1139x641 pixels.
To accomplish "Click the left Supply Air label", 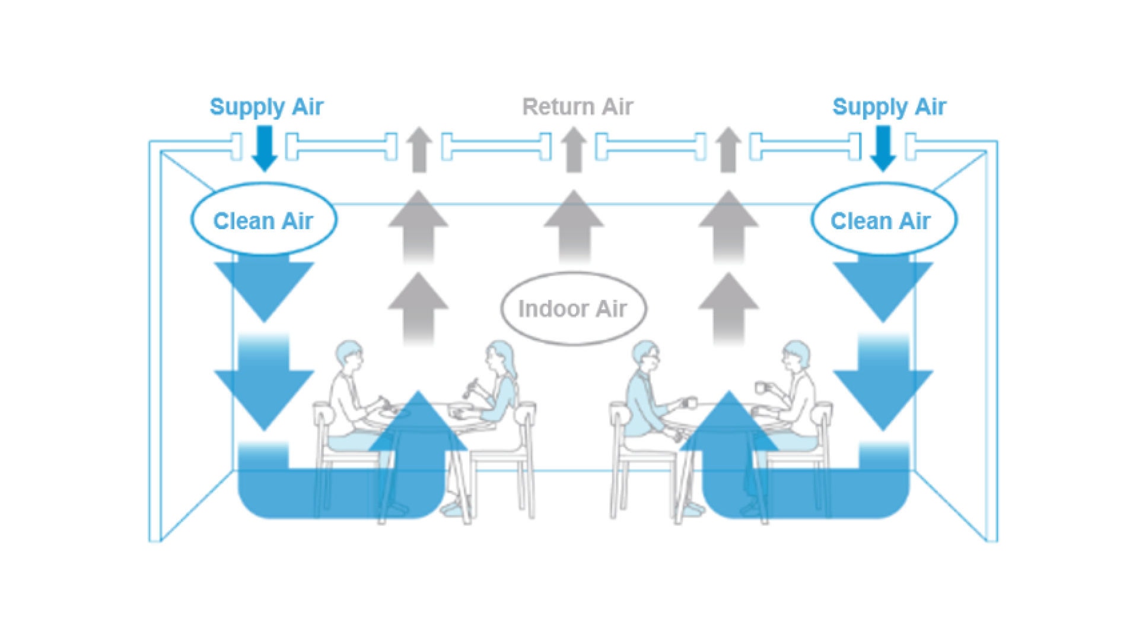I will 266,107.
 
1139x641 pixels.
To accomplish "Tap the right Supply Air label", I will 889,107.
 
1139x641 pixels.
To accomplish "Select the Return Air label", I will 577,107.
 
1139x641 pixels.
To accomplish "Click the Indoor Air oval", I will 573,309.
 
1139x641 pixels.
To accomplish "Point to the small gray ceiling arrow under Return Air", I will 574,150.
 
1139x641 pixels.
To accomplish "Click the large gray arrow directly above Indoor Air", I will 574,226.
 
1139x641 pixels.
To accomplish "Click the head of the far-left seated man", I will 349,356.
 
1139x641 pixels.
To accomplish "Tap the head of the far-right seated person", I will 796,356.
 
